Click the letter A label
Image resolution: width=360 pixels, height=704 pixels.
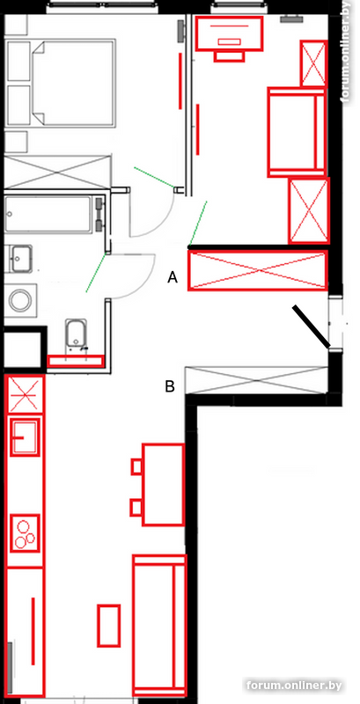(x=173, y=278)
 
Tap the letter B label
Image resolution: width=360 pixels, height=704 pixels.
(x=170, y=386)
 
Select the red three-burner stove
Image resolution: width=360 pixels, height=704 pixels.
(x=26, y=533)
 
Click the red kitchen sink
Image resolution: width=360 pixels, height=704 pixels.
(x=26, y=436)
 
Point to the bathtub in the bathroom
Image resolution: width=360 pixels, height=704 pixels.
(x=54, y=215)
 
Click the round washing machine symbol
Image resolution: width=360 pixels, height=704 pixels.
(x=20, y=300)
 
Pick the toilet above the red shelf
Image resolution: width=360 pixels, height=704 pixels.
(x=77, y=334)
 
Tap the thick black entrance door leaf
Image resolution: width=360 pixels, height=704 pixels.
(x=312, y=326)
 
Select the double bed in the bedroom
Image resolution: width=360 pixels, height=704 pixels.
(x=73, y=83)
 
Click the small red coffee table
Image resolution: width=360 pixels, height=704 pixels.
(x=109, y=626)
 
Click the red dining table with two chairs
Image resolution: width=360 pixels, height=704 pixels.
(x=163, y=485)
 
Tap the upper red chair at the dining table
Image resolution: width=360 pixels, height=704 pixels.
(x=137, y=466)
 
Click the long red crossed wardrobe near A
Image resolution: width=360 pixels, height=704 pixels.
(x=258, y=270)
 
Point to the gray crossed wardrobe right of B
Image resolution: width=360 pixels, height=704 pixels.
(x=254, y=380)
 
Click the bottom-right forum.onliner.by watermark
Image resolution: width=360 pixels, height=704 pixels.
(x=294, y=686)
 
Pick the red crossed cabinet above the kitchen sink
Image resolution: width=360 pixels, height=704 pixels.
(x=26, y=394)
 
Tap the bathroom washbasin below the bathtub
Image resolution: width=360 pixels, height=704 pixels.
(x=21, y=258)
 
